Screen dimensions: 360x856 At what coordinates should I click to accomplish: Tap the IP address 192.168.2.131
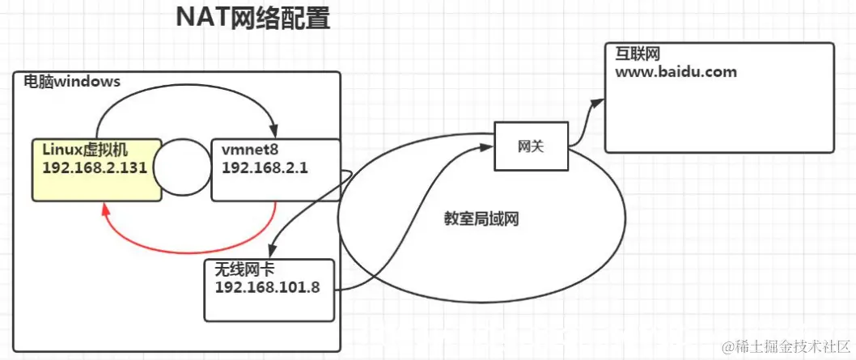93,168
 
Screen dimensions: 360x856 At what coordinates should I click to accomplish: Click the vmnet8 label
247,150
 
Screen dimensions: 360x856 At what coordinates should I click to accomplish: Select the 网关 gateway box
531,146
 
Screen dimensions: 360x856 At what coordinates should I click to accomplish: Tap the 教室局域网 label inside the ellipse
480,218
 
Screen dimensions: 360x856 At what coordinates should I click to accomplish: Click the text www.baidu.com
676,72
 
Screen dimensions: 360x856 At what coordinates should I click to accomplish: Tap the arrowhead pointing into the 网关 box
488,146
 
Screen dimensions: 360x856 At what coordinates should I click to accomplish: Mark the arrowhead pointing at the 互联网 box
598,101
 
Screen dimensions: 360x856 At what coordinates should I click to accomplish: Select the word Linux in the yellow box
61,150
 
